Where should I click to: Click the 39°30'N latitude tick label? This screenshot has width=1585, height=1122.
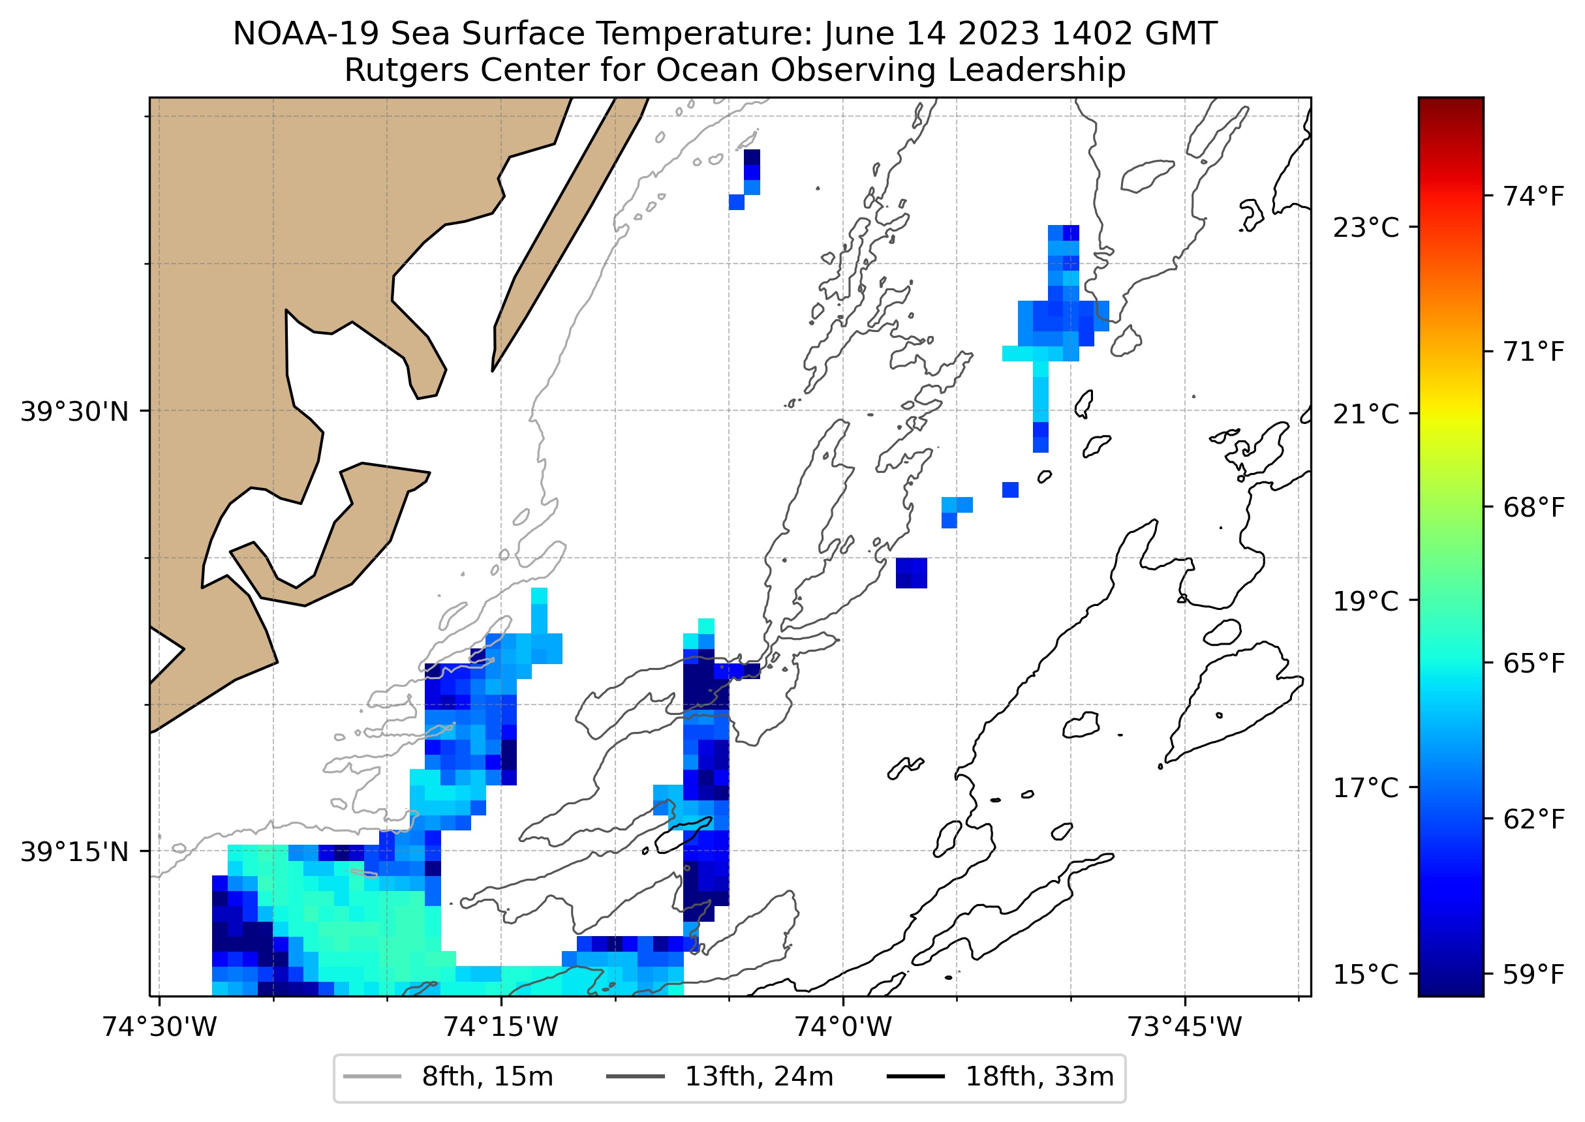click(74, 412)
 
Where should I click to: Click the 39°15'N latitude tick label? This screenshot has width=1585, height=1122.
click(74, 852)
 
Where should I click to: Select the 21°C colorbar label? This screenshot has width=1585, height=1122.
click(1365, 414)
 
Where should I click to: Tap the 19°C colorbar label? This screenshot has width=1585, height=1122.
click(1365, 601)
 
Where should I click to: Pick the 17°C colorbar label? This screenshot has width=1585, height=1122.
click(1365, 787)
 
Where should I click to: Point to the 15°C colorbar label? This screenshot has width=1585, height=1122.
click(1365, 974)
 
